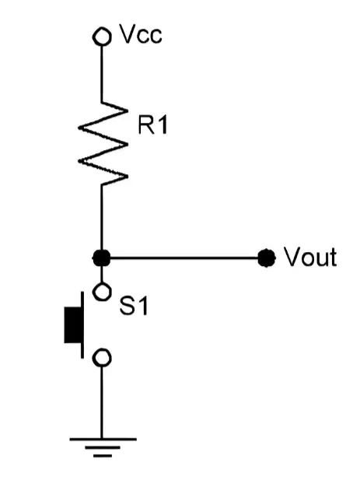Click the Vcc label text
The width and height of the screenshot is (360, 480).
coord(141,33)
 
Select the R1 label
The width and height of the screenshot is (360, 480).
coord(152,124)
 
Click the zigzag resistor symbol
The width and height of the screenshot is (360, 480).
coord(103,144)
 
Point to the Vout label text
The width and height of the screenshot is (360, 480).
coord(310,258)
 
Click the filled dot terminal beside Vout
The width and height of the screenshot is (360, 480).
coord(267,258)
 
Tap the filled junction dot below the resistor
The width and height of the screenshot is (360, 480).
coord(101,258)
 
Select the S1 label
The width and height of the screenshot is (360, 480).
coord(134,306)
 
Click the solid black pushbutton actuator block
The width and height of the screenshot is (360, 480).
coord(73,324)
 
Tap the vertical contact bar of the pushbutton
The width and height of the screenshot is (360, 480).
coord(82,324)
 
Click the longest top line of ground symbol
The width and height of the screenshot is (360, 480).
coord(103,440)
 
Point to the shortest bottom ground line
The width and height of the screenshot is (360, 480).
coord(103,456)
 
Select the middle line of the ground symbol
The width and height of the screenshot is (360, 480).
coord(103,447)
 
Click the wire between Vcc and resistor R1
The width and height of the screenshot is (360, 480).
coord(102,74)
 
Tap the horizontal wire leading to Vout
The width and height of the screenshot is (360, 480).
coord(184,258)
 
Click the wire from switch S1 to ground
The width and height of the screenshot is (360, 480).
coord(102,402)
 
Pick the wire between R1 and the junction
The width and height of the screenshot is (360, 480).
coord(102,217)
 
